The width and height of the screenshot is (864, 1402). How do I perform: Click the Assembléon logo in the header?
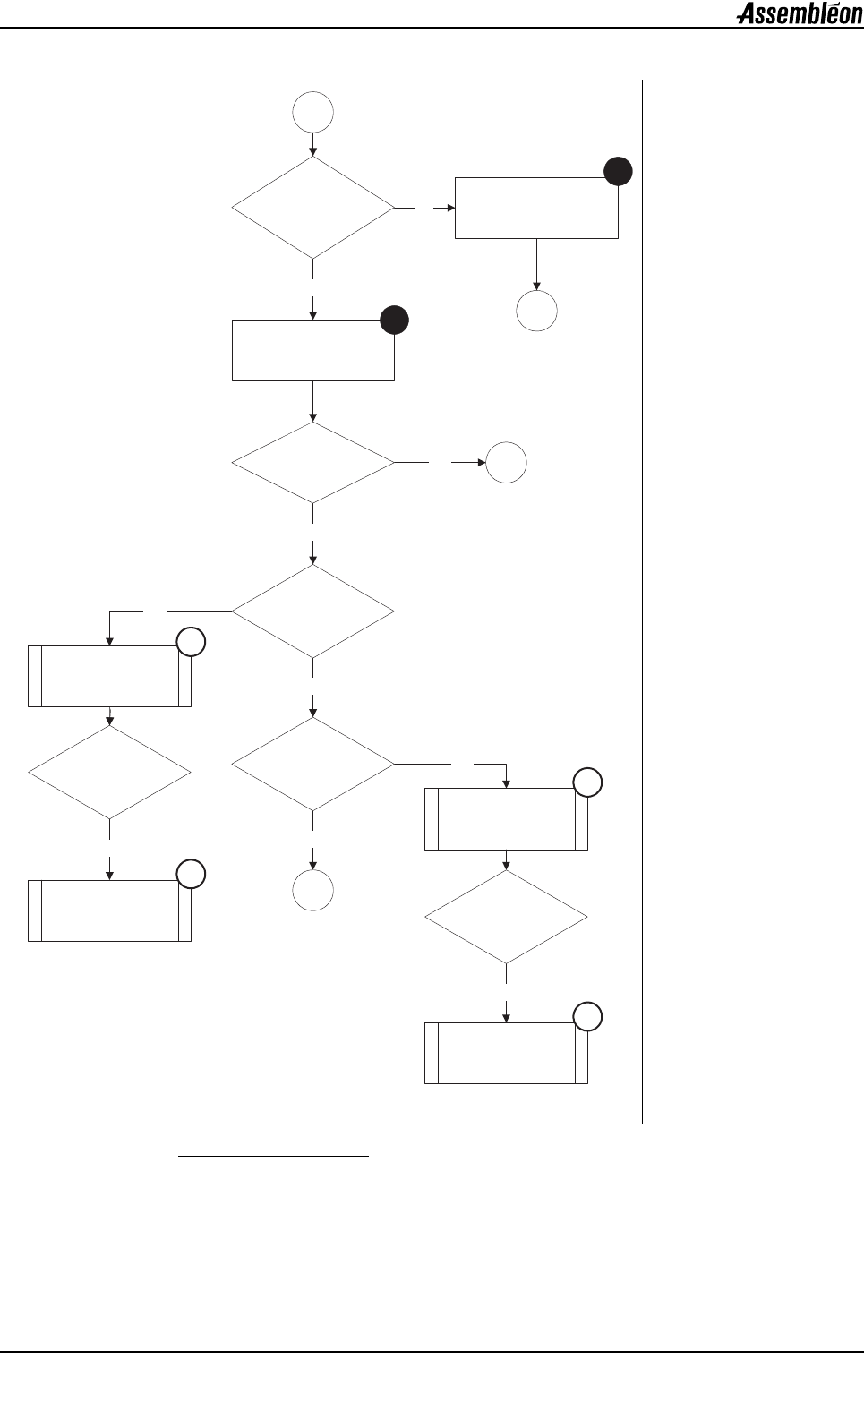click(799, 14)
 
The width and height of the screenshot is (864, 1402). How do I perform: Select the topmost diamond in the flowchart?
click(313, 208)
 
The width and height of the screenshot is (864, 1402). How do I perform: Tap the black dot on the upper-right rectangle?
click(618, 172)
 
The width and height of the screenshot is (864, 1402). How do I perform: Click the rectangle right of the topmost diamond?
click(536, 208)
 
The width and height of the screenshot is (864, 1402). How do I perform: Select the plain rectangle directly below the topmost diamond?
click(313, 350)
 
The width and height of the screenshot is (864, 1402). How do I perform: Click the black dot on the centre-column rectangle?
click(395, 321)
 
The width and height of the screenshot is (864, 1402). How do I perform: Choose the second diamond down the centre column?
click(313, 463)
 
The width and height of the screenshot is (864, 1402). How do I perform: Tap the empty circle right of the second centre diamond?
click(507, 463)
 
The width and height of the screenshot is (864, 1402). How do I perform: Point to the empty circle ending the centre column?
click(313, 891)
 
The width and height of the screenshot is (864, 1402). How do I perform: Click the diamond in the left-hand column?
click(109, 771)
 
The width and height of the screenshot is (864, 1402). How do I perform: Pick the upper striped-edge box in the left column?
click(109, 676)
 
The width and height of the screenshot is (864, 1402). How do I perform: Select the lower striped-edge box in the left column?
click(109, 910)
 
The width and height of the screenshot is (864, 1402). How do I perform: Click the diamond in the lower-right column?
click(507, 918)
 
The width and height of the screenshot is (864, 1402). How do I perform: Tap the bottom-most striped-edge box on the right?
click(507, 1054)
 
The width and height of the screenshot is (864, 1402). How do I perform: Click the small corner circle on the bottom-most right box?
click(587, 1017)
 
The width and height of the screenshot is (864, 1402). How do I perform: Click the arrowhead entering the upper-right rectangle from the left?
click(450, 208)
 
